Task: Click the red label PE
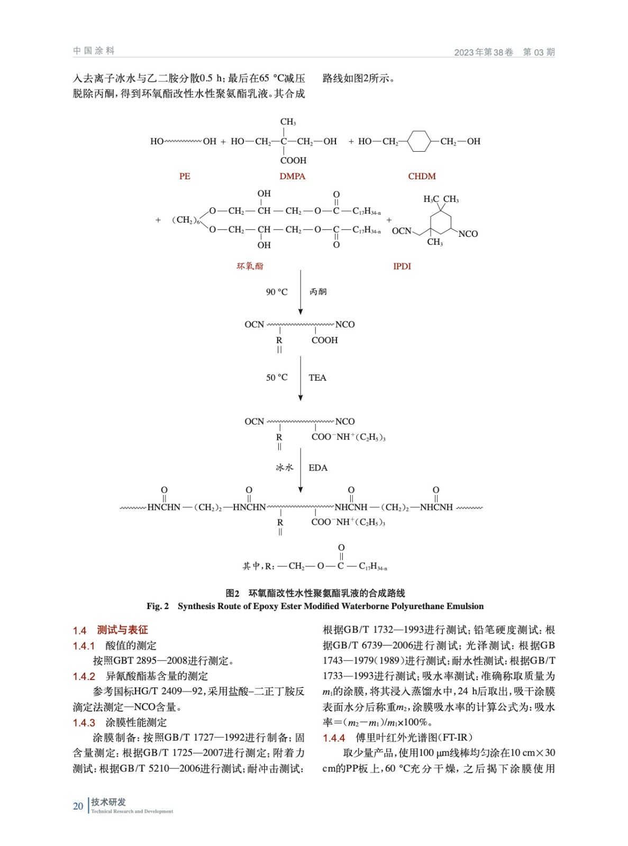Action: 185,176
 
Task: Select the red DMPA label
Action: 292,176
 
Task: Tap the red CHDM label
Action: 422,176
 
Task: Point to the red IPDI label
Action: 402,266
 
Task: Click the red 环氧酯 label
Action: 250,266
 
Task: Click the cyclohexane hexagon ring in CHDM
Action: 418,141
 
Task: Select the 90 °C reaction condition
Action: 277,292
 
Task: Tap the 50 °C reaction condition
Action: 277,378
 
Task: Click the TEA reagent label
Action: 317,378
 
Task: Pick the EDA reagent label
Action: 318,468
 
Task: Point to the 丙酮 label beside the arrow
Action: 318,292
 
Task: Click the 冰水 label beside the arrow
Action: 284,468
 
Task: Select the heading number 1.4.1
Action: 84,646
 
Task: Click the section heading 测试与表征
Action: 122,630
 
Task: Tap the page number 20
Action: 78,806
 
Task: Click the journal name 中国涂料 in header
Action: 94,51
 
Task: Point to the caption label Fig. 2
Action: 158,606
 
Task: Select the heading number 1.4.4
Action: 334,738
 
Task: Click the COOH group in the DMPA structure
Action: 293,160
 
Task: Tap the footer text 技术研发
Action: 108,802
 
